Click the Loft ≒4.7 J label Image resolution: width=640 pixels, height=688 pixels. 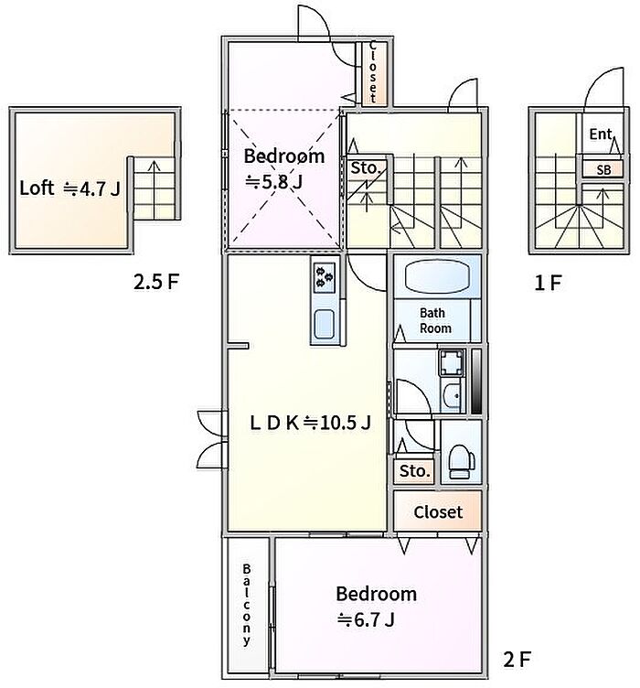click(x=69, y=188)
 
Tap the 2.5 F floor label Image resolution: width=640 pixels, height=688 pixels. click(x=156, y=282)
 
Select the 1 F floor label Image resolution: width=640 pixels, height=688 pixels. click(x=548, y=283)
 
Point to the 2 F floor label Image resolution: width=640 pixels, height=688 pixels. click(x=517, y=659)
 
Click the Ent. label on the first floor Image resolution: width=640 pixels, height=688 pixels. click(x=601, y=134)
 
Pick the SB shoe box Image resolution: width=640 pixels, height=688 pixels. click(x=603, y=169)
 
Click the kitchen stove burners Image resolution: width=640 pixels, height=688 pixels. click(x=325, y=278)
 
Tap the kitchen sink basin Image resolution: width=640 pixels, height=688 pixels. click(x=325, y=324)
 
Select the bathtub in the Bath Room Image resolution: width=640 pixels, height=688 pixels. click(x=437, y=276)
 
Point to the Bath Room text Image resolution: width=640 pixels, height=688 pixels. click(x=435, y=321)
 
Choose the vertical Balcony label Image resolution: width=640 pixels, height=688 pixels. click(x=247, y=605)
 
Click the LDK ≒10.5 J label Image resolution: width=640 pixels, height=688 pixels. click(x=310, y=423)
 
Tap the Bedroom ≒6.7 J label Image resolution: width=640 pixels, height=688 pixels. click(x=376, y=607)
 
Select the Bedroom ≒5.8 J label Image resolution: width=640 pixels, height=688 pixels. click(x=284, y=168)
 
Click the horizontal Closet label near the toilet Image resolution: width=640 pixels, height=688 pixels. click(x=438, y=512)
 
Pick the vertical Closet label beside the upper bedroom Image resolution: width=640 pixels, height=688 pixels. click(x=373, y=71)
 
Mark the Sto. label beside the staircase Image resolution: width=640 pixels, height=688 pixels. click(x=365, y=167)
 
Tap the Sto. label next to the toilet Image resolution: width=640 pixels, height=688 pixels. click(x=414, y=471)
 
